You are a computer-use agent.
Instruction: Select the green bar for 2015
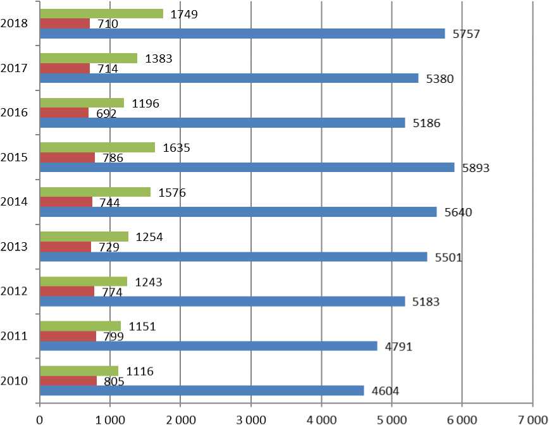click(97, 147)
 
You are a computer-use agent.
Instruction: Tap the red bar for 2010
click(68, 381)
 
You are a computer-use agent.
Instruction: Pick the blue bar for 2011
click(209, 346)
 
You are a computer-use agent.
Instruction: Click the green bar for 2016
click(82, 102)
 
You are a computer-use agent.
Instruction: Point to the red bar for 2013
click(65, 247)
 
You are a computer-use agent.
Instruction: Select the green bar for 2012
click(83, 281)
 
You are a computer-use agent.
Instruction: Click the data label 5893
click(476, 168)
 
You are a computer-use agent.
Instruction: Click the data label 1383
click(159, 59)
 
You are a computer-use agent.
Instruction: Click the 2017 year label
click(14, 68)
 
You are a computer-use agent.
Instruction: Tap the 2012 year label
click(14, 292)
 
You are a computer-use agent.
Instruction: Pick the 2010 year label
click(14, 381)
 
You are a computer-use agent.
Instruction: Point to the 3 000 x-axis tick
click(251, 418)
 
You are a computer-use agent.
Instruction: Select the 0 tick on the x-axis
click(40, 418)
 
